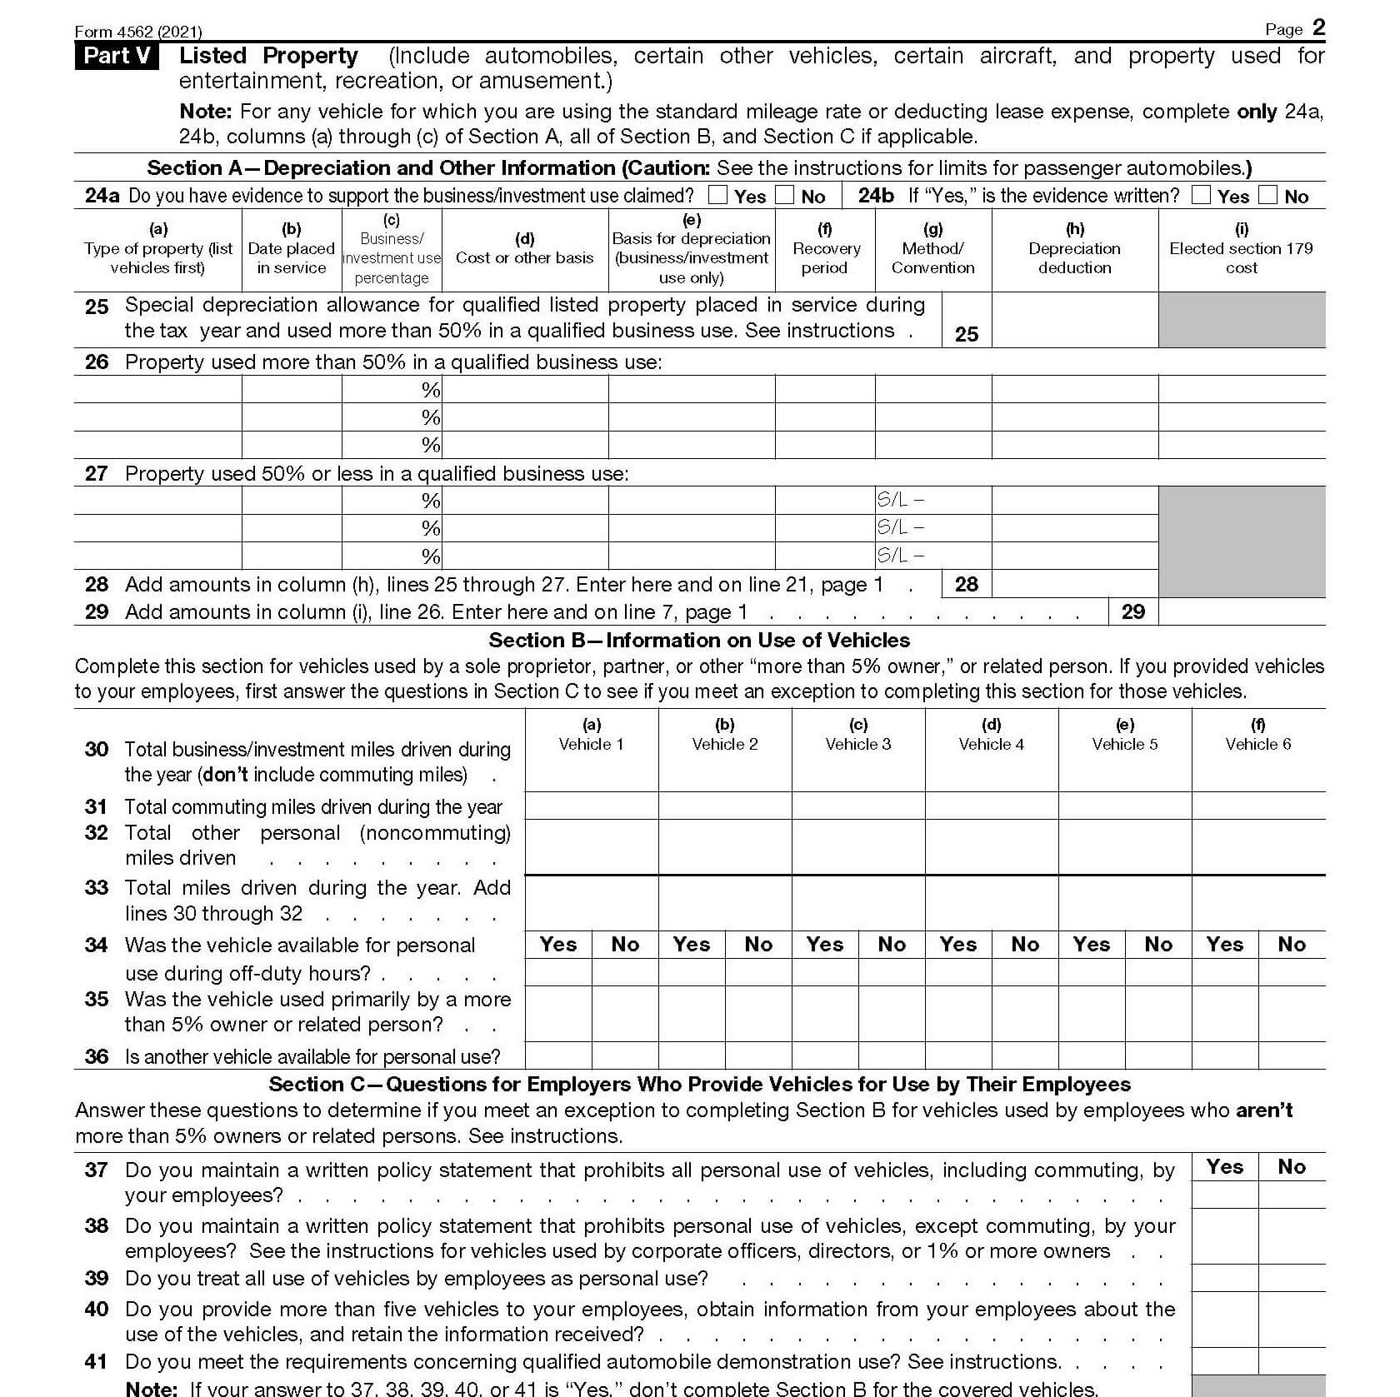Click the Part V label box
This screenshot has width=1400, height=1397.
pos(117,56)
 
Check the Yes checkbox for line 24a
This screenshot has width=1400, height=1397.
pos(717,195)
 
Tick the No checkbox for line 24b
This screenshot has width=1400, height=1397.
pos(1267,195)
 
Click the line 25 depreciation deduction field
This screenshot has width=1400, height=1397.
pos(1075,320)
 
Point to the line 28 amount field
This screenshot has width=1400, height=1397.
pos(1075,584)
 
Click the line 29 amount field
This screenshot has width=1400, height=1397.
pos(1242,611)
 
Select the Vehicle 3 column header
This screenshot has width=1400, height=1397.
pos(858,735)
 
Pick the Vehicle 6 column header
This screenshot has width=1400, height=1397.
pos(1258,735)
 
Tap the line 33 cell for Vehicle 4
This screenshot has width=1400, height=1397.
pos(992,903)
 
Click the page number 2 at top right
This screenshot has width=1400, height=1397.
pos(1318,27)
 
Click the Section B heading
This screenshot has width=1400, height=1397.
pos(699,640)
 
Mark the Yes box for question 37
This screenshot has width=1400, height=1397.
pos(1225,1195)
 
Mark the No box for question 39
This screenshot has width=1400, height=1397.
pos(1292,1278)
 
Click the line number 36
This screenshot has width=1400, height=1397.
pos(97,1056)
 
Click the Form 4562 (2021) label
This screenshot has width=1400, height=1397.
pos(138,32)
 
